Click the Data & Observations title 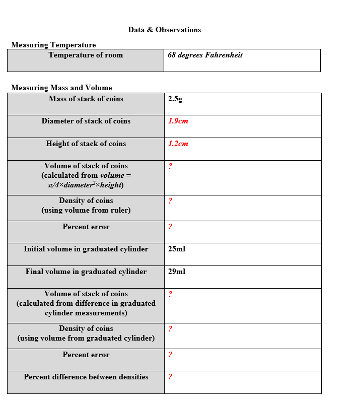164,30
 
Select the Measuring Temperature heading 53,45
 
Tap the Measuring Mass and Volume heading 61,88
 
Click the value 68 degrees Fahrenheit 205,55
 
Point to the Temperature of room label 86,55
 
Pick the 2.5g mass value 175,99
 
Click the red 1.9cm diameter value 178,121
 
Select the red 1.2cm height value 178,144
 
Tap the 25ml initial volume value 177,249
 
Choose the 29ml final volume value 177,272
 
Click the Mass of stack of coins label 86,99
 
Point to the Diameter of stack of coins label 86,121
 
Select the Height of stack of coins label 86,144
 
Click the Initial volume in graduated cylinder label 86,249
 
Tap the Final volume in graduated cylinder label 86,272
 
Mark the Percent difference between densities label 86,377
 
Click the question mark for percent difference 170,377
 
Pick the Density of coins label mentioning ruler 86,206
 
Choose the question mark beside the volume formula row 170,166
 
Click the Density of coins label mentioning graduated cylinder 86,333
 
